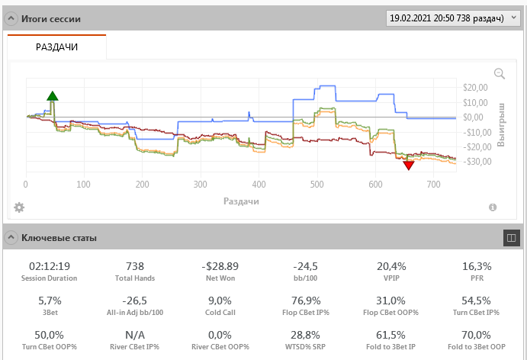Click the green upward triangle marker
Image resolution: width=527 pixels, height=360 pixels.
point(52,96)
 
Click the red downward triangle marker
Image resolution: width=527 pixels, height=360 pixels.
point(409,165)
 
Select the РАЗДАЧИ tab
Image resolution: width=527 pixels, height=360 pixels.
point(56,47)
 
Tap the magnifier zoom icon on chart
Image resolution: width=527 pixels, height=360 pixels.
point(500,73)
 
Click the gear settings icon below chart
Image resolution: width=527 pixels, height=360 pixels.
point(19,207)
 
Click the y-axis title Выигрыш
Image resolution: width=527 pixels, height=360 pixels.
point(501,124)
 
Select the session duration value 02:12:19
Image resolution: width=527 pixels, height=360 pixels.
point(49,266)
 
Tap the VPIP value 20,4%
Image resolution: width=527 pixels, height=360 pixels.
point(390,266)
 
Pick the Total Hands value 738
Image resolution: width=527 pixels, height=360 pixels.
point(135,266)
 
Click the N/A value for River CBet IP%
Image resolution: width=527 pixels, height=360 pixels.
point(135,335)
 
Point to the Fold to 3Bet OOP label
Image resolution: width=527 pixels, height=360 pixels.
point(477,346)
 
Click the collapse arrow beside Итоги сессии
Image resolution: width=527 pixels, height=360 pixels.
point(11,18)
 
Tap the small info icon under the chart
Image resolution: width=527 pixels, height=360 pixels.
point(492,207)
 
